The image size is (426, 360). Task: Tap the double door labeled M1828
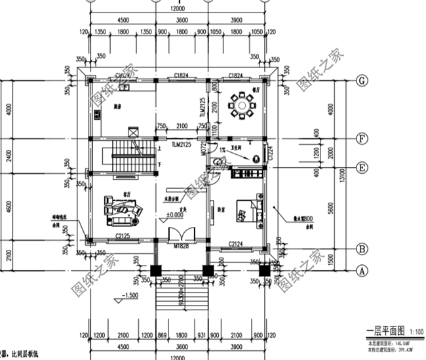coord(179,236)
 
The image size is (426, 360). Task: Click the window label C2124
coord(237,245)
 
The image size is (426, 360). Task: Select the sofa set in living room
coord(123,209)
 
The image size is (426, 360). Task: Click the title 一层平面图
coord(382,331)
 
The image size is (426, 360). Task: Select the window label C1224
coord(271,155)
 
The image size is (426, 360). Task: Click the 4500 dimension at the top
coord(122,20)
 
